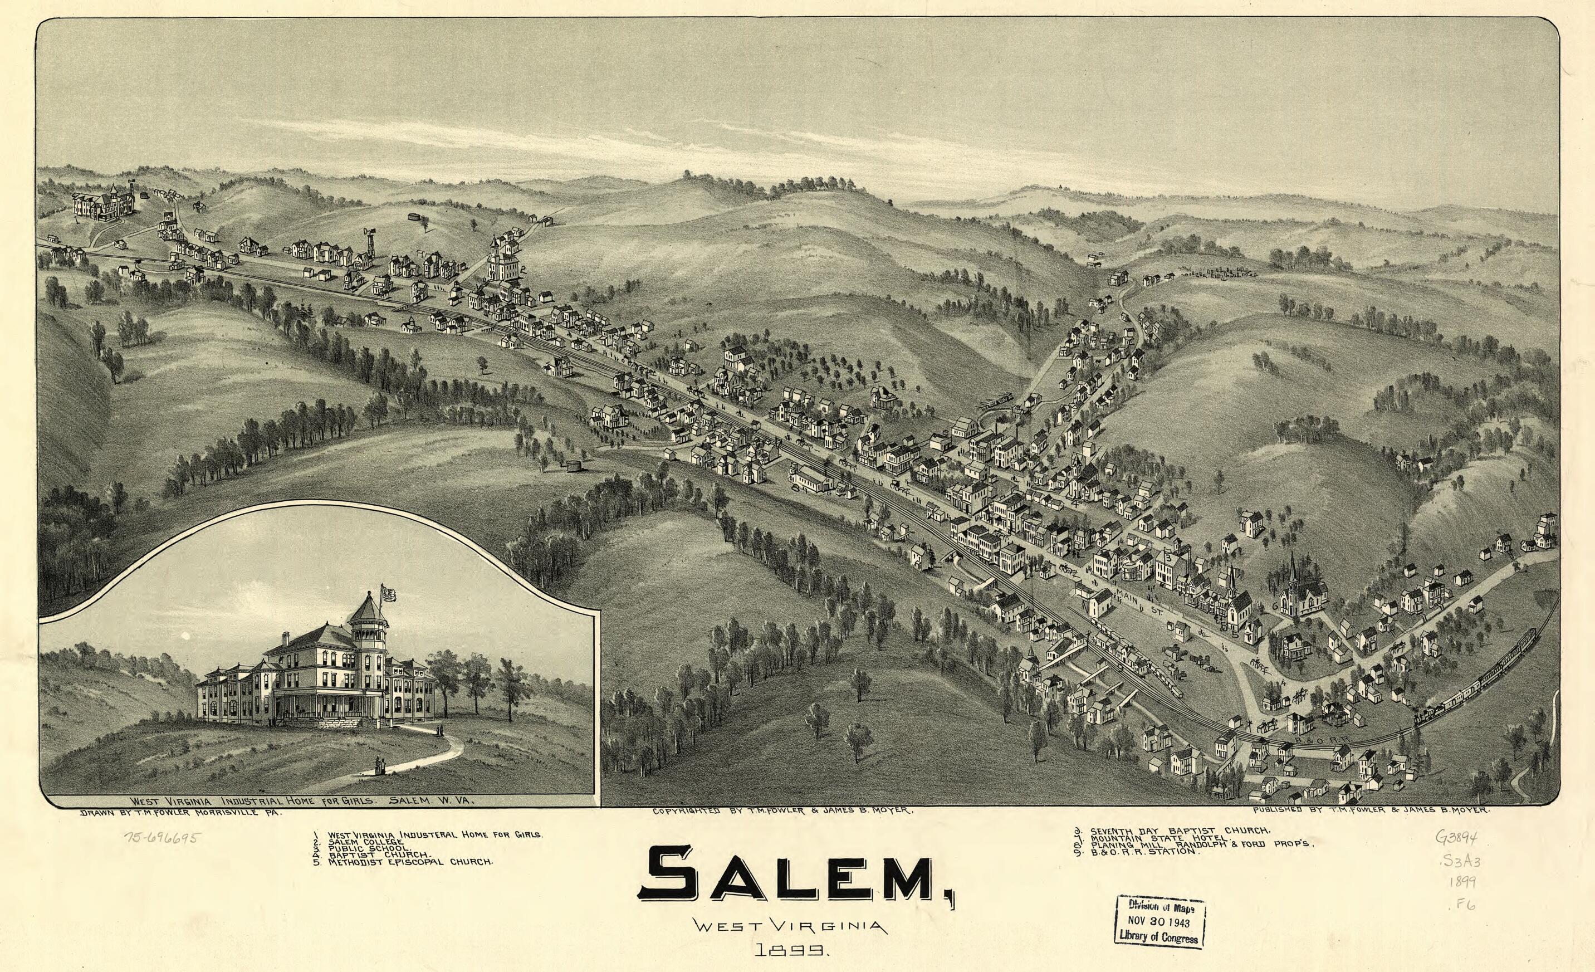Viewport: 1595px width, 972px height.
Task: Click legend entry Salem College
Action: pyautogui.click(x=366, y=841)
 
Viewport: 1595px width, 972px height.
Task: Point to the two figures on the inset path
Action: pyautogui.click(x=378, y=765)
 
